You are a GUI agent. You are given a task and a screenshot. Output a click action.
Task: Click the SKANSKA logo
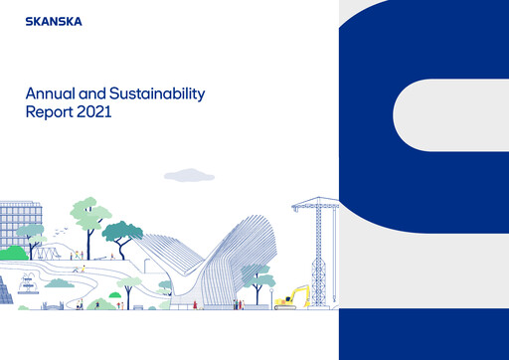55,19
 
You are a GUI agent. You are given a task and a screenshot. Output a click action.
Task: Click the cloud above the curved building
188,175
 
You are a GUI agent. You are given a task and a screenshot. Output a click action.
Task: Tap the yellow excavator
294,299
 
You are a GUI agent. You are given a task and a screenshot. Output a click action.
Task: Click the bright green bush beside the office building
12,254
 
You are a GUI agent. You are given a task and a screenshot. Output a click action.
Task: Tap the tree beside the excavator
255,275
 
